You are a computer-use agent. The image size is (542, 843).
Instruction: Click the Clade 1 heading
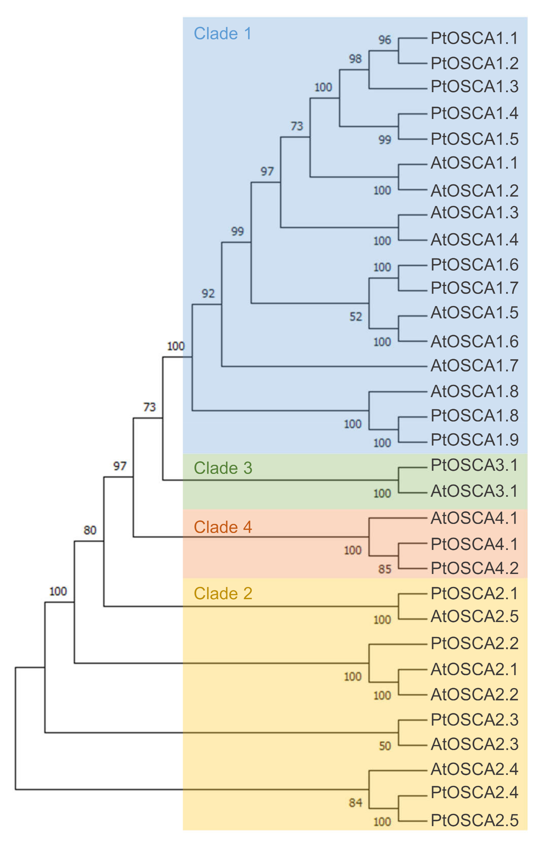(x=223, y=34)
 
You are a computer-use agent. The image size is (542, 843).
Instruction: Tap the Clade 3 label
(x=223, y=468)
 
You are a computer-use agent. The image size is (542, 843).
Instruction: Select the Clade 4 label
(x=223, y=527)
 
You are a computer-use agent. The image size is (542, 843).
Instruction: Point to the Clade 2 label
(x=223, y=594)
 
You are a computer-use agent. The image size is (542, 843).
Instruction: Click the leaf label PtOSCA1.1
(x=474, y=39)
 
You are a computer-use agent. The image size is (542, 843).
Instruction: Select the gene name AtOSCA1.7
(x=474, y=366)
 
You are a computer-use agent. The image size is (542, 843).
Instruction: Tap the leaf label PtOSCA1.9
(x=474, y=440)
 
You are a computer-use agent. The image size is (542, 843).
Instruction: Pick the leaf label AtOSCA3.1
(x=474, y=491)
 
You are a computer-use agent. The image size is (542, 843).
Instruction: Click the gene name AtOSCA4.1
(x=474, y=518)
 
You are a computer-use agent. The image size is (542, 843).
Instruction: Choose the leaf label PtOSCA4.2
(x=474, y=568)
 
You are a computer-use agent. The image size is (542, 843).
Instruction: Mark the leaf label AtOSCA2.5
(x=474, y=616)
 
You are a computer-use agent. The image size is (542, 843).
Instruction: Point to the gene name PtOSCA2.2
(x=474, y=643)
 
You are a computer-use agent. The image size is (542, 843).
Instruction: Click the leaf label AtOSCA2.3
(x=474, y=744)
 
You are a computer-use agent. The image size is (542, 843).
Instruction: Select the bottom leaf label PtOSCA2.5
(x=474, y=820)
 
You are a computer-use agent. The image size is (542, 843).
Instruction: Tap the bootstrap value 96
(x=385, y=40)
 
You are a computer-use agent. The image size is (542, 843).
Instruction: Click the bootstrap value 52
(x=356, y=317)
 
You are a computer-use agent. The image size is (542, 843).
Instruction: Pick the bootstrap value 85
(x=385, y=569)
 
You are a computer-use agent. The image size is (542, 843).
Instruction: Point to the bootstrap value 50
(x=385, y=746)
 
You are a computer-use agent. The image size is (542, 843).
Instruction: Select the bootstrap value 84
(x=356, y=802)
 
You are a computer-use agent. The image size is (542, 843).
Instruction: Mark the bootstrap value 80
(x=90, y=530)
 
